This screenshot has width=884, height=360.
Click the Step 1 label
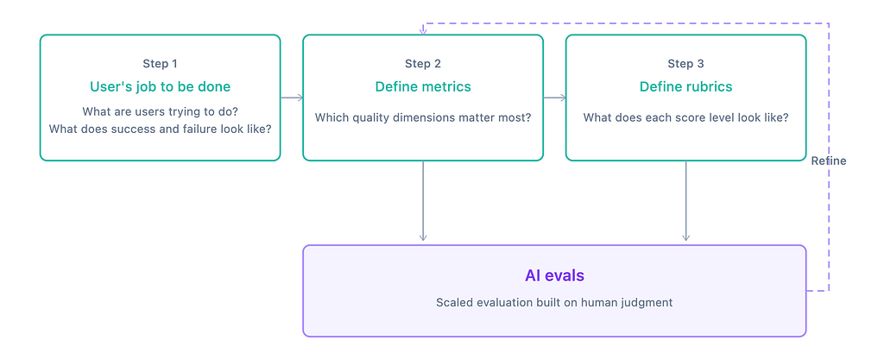click(160, 64)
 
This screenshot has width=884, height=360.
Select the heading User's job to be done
click(160, 86)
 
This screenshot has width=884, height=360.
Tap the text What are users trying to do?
click(160, 111)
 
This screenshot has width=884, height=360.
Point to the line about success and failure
click(160, 129)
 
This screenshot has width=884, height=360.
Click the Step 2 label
click(423, 64)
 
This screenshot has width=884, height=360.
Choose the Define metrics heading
click(423, 86)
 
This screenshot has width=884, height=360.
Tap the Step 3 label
click(685, 64)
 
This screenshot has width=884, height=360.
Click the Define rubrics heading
click(685, 86)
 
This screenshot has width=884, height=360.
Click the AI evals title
click(554, 275)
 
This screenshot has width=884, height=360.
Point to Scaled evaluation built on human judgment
click(554, 302)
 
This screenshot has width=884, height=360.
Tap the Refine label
click(828, 161)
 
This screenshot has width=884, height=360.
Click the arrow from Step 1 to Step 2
click(292, 98)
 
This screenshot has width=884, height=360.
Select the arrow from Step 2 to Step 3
click(555, 98)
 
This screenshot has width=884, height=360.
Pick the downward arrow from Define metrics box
click(423, 201)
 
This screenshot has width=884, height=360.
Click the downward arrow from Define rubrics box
click(685, 201)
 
